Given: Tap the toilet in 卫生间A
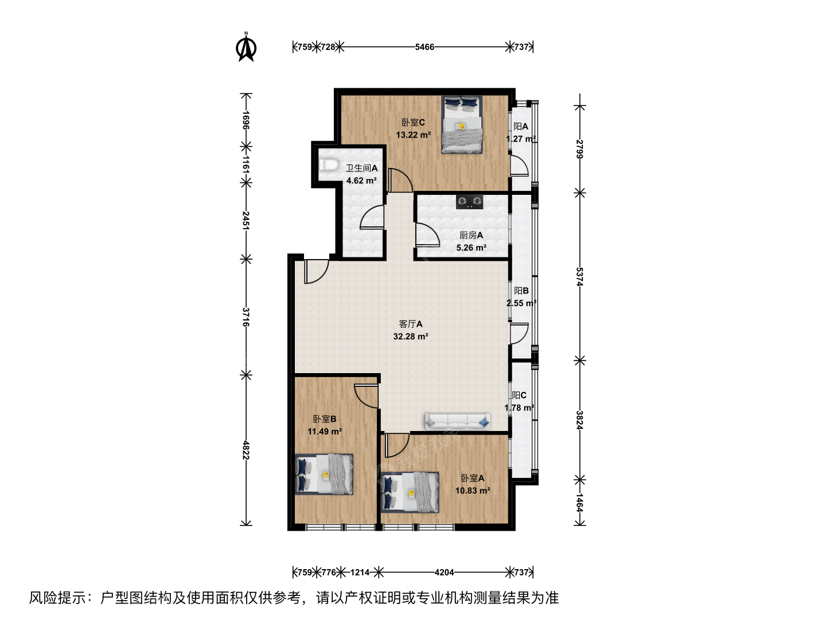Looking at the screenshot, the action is tap(329, 165).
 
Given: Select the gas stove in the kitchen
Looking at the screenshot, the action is tap(469, 201).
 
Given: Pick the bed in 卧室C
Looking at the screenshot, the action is tap(462, 124).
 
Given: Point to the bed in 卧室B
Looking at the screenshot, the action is tap(324, 474).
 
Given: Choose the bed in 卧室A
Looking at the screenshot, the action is tap(410, 492).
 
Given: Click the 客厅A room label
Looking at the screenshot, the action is tap(411, 324).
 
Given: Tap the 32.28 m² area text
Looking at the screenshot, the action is tap(411, 336).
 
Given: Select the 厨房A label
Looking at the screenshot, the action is tap(471, 235).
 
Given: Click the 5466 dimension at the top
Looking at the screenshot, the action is tap(424, 47).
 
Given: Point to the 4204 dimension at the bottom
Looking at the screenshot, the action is tap(444, 573).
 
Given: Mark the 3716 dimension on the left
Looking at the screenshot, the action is tap(246, 317).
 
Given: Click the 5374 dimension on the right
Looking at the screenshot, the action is tap(579, 277).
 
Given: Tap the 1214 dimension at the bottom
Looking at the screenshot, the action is tap(360, 573).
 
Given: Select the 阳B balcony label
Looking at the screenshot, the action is tap(521, 291).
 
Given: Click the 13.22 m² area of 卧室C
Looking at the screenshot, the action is tap(413, 135).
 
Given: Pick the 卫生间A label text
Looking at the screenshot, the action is tap(361, 168).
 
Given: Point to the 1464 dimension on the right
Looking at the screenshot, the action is tap(579, 503).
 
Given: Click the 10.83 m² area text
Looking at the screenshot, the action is tap(473, 491).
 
